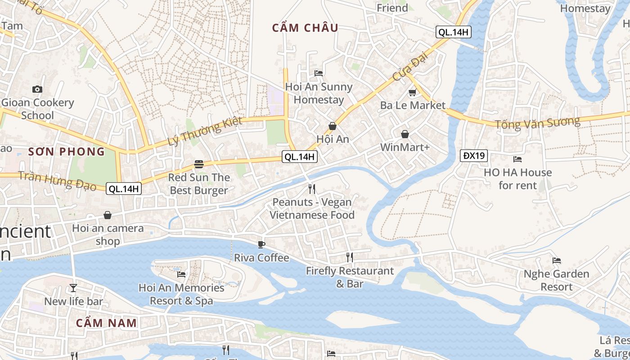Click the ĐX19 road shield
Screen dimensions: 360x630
pos(474,156)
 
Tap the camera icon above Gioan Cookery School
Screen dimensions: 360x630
pos(37,89)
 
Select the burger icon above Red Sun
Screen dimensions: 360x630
pos(199,164)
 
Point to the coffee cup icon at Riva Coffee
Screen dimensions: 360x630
pos(261,244)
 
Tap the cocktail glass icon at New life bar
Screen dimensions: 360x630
pos(73,288)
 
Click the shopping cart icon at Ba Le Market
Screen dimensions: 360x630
pos(412,92)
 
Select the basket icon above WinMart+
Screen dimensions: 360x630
pos(405,134)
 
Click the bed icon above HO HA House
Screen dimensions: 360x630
pos(517,159)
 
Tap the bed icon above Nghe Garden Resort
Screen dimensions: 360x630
pos(557,260)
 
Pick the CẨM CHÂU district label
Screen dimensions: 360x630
pos(305,28)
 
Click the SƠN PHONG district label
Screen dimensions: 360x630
pos(67,152)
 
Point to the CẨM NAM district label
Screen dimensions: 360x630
pos(106,323)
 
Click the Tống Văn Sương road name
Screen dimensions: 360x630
pos(537,122)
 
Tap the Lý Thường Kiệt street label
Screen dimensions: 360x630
pos(205,131)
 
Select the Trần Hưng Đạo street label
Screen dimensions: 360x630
pos(58,180)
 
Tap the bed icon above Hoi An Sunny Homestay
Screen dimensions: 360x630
pos(319,73)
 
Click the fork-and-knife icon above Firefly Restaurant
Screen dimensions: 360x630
pos(349,257)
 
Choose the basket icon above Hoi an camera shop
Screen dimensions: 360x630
pos(107,215)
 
